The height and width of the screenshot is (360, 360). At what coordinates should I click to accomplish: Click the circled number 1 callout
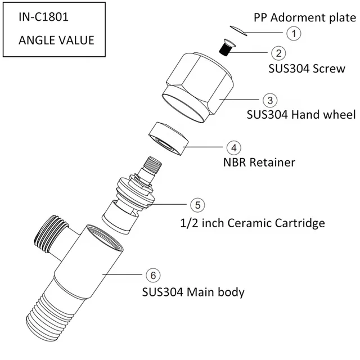click(293, 33)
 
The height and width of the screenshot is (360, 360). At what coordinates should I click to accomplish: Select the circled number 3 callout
click(271, 100)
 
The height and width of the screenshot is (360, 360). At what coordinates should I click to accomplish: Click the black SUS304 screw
click(225, 47)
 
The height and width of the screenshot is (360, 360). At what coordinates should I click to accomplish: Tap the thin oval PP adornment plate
click(239, 29)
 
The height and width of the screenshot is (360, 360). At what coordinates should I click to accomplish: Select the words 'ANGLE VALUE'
click(56, 40)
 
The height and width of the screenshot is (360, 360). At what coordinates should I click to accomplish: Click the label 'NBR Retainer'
click(259, 163)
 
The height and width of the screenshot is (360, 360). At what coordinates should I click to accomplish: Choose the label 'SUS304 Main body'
click(193, 292)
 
